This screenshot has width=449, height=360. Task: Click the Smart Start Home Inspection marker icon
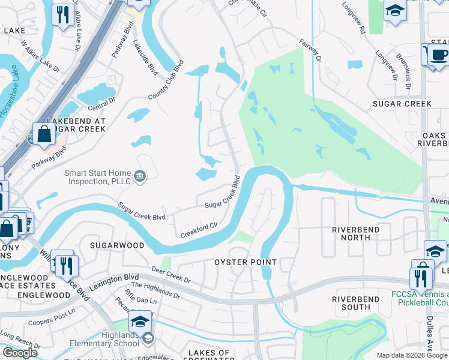(139, 176)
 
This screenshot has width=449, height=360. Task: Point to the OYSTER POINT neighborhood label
(246, 262)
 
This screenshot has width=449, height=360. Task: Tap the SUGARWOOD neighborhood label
(117, 245)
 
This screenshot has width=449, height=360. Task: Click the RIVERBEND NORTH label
(351, 233)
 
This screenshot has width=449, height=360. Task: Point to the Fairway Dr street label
(310, 50)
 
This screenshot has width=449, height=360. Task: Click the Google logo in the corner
(19, 353)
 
